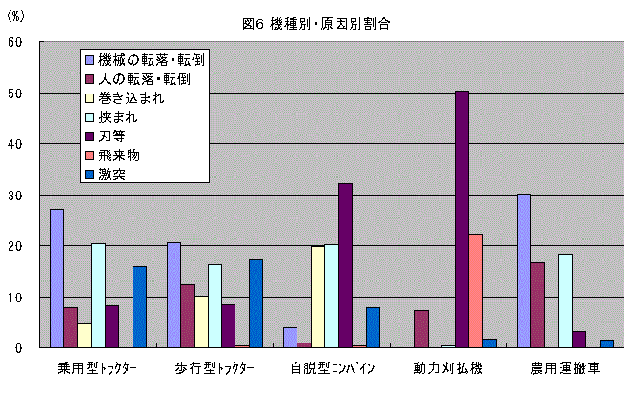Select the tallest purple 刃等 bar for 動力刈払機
[461, 219]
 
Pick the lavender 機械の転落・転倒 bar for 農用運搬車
[523, 271]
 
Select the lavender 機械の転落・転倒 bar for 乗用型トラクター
[56, 279]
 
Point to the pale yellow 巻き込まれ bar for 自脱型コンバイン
[317, 297]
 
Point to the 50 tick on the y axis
[18, 94]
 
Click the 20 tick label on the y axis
[18, 246]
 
